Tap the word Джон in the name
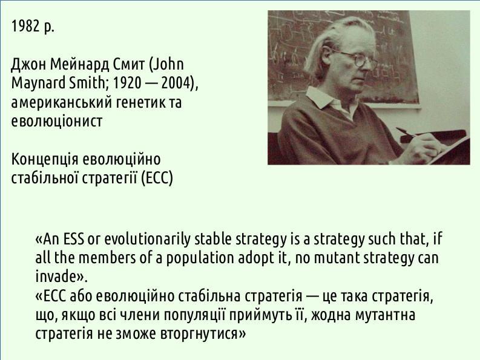click(28, 65)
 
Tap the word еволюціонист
click(57, 121)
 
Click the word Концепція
click(45, 159)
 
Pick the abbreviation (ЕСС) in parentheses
click(157, 178)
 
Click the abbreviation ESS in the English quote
click(73, 239)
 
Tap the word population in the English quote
click(200, 258)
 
